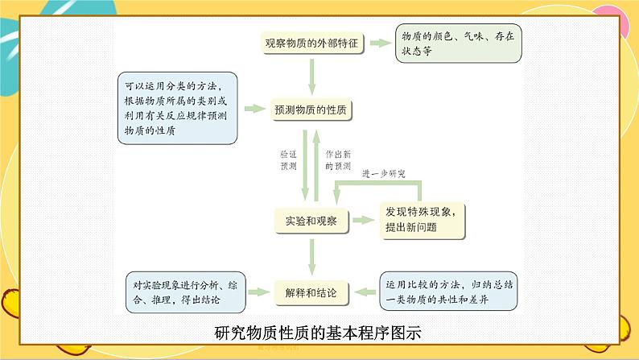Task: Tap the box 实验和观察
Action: pos(311,221)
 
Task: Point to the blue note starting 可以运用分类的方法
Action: pos(177,107)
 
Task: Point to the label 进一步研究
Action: pos(384,174)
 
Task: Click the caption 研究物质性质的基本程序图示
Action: pos(319,333)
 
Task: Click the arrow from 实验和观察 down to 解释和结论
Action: pos(311,255)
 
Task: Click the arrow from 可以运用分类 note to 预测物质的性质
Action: pos(255,109)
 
